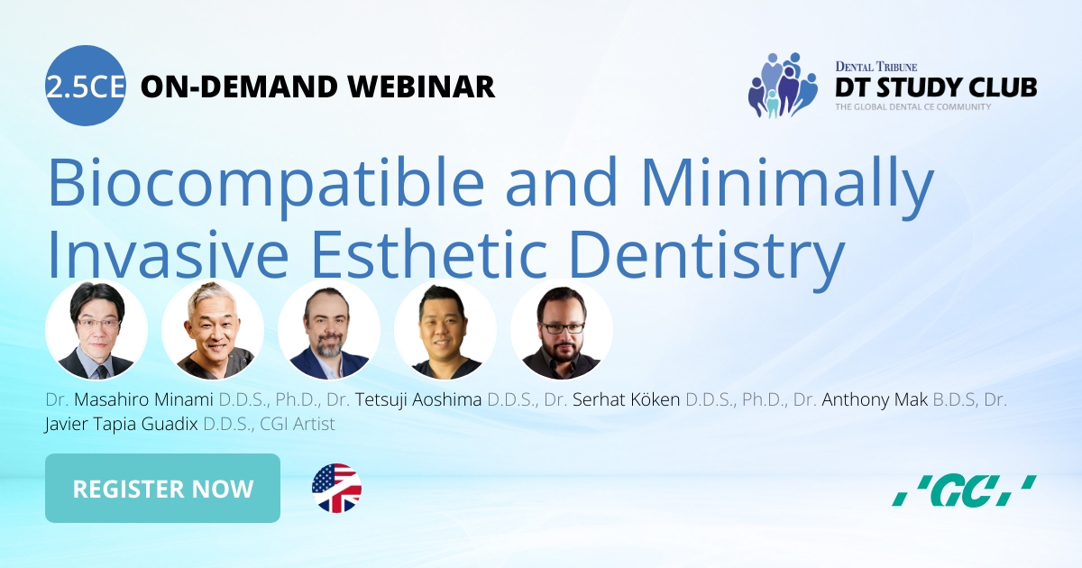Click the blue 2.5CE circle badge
tap(85, 86)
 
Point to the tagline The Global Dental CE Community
tap(912, 107)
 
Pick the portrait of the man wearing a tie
tap(96, 330)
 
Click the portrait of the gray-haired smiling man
tap(213, 330)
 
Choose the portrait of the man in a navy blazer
tap(329, 330)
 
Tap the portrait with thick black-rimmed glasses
tap(562, 330)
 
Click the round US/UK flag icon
tap(336, 489)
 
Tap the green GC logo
tap(963, 490)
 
